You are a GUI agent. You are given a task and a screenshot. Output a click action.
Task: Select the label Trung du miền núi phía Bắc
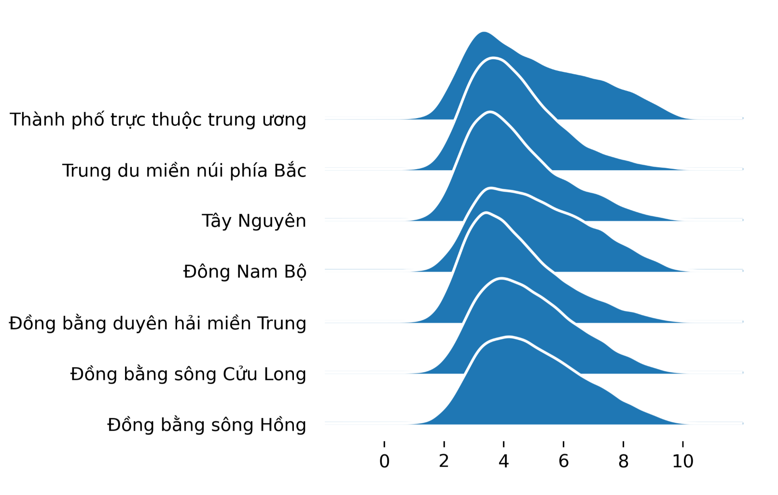[x=184, y=170]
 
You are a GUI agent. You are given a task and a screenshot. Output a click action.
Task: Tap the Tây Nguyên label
[x=254, y=221]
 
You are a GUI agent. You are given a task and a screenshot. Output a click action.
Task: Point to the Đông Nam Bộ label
[x=245, y=272]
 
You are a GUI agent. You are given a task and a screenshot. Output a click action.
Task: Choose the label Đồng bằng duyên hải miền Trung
[x=158, y=323]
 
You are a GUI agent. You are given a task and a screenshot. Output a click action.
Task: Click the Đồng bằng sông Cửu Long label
[x=188, y=374]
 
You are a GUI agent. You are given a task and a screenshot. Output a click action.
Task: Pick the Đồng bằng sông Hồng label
[x=207, y=425]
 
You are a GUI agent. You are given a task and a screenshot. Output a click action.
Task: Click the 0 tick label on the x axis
[x=384, y=461]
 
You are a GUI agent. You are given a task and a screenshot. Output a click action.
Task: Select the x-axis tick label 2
[x=444, y=461]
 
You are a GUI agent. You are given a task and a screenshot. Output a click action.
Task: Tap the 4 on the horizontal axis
[x=503, y=461]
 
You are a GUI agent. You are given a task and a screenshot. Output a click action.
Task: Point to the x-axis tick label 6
[x=563, y=461]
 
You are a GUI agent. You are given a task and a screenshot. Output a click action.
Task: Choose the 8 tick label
[x=623, y=461]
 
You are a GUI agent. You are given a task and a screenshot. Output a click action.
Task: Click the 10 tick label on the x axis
[x=683, y=461]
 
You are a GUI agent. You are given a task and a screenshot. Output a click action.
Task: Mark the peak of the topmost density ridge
[x=484, y=32]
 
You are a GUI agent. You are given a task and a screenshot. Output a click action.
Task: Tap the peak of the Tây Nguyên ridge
[x=490, y=112]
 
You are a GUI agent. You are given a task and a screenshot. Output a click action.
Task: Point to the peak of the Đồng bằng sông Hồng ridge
[x=509, y=337]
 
